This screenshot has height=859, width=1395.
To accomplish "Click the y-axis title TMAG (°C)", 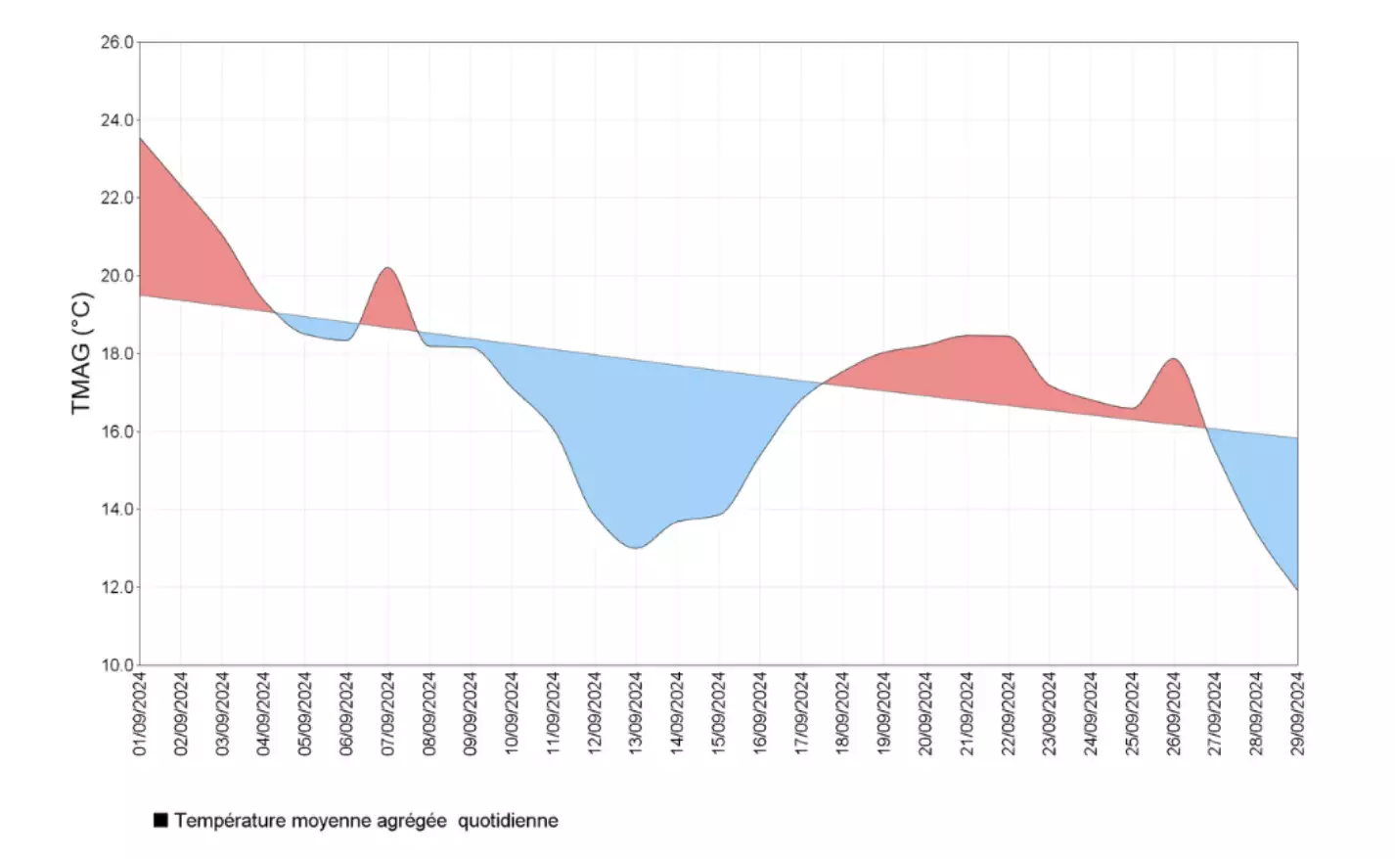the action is click(81, 353).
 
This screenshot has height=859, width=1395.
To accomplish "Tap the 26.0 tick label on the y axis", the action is click(117, 42).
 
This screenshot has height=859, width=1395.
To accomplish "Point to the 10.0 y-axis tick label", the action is click(117, 665).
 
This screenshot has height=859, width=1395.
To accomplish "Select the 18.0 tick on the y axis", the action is click(117, 354).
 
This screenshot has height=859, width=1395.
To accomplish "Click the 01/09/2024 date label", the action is click(140, 714).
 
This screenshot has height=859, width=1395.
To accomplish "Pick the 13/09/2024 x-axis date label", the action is click(636, 714).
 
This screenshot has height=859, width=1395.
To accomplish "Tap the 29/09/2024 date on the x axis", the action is click(1298, 714).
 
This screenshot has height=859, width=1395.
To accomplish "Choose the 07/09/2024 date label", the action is click(388, 714).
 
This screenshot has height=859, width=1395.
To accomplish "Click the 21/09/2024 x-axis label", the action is click(967, 714).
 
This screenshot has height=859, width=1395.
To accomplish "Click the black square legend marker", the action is click(160, 821).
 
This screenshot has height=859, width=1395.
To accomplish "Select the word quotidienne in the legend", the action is click(508, 821).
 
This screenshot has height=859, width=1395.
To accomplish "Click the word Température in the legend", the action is click(230, 821).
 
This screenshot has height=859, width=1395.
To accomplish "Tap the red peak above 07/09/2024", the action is click(388, 268).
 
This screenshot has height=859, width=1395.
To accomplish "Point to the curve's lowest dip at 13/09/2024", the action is click(636, 548).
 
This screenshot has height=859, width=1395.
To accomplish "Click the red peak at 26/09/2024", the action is click(1174, 359).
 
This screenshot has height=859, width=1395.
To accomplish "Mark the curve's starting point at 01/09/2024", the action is click(140, 138).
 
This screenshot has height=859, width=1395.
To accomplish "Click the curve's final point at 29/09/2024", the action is click(1297, 589).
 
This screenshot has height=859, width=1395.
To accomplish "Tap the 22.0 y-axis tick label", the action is click(117, 198).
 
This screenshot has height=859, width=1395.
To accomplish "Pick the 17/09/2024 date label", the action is click(801, 714).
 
